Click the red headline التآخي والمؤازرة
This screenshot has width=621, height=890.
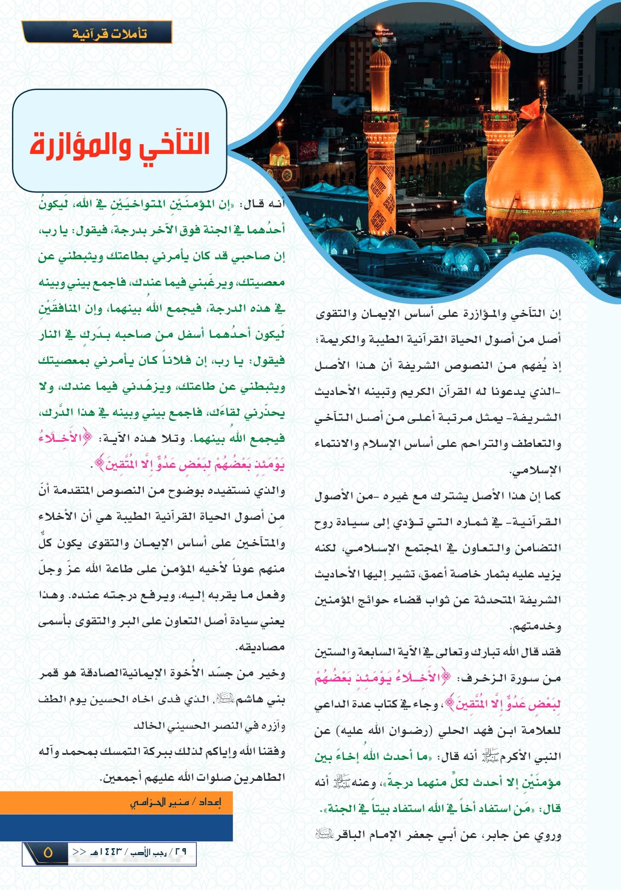120,144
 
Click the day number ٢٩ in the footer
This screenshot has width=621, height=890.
180,852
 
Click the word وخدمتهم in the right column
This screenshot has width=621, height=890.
536,626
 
